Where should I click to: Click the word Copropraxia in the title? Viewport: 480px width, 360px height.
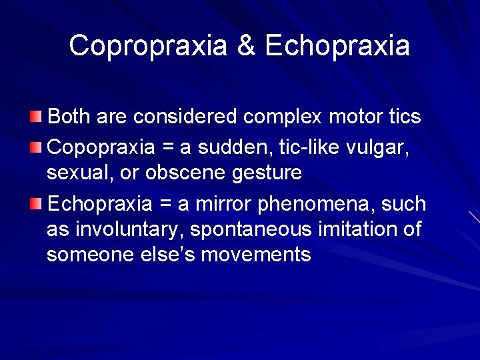149,46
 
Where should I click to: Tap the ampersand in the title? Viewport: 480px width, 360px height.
246,46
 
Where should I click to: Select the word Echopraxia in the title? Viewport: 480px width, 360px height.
337,46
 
